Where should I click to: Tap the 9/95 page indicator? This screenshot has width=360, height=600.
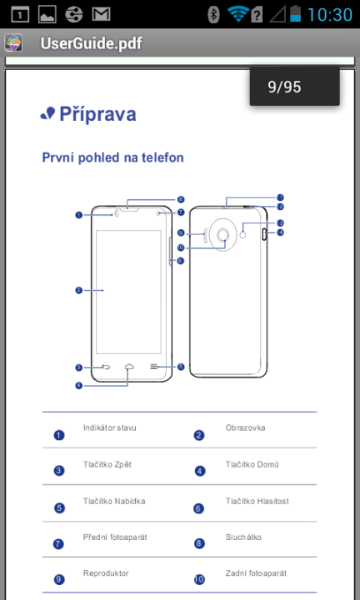click(x=284, y=87)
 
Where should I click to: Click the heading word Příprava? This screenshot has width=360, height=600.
click(x=97, y=114)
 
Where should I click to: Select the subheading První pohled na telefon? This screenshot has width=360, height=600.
click(x=112, y=157)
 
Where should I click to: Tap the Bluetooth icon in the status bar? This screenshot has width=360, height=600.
click(x=213, y=14)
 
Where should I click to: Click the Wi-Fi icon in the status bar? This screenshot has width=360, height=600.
click(x=238, y=14)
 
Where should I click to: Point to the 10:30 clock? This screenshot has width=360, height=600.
click(x=330, y=14)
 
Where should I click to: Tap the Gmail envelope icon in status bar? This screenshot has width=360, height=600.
click(x=102, y=14)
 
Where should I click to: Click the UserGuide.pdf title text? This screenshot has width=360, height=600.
click(x=91, y=43)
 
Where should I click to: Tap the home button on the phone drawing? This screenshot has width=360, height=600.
click(x=129, y=367)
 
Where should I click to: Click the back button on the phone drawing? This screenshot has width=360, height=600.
click(x=106, y=367)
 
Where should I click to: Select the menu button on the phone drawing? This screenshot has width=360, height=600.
click(x=154, y=367)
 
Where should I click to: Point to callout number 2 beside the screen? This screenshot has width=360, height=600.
click(x=79, y=291)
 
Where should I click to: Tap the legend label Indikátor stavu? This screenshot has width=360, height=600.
click(x=110, y=427)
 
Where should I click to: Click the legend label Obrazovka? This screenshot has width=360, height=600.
click(x=245, y=427)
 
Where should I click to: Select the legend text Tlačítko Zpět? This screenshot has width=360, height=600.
click(x=107, y=464)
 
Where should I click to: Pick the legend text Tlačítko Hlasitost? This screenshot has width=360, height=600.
click(x=257, y=502)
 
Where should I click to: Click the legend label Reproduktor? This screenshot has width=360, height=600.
click(x=106, y=573)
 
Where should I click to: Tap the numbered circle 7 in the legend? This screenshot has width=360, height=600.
click(x=58, y=543)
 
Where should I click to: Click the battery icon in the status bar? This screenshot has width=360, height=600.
click(x=295, y=13)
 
